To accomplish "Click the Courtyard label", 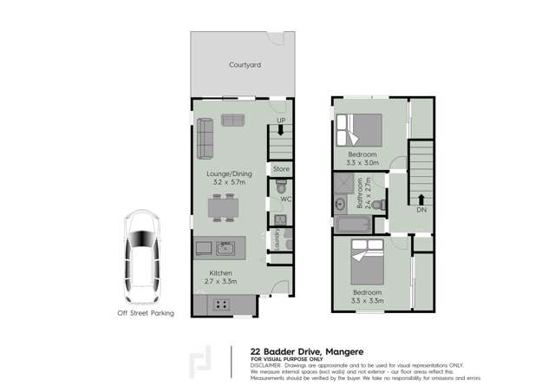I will [245, 65].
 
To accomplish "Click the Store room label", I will [280, 168].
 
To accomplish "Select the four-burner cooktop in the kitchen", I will [221, 304].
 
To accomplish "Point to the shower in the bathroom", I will [355, 183].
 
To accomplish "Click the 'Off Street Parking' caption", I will [145, 313].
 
